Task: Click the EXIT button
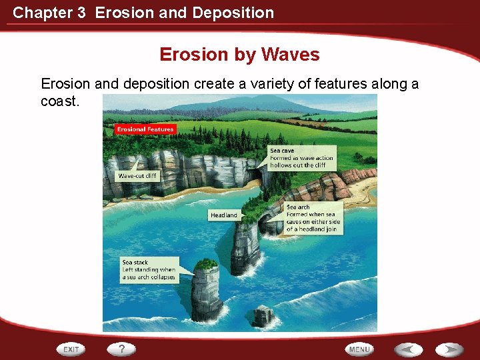[71, 349]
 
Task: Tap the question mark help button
[122, 349]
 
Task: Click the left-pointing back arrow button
[408, 349]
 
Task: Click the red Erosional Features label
[145, 129]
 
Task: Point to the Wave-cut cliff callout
[138, 176]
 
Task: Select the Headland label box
[223, 215]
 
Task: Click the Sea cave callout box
[301, 158]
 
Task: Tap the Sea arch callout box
[312, 218]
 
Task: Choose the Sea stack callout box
[149, 269]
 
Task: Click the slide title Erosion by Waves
[239, 55]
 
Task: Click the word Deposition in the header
[233, 12]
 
